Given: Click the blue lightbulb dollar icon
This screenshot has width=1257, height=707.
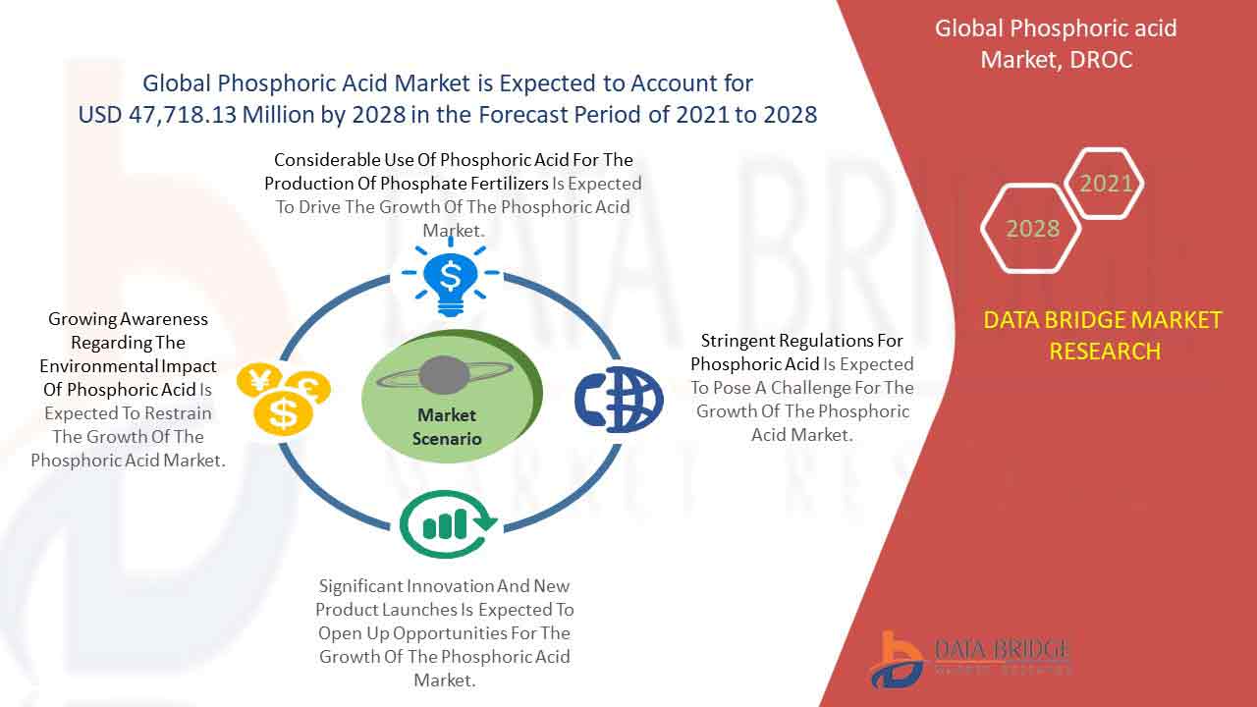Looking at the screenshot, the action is pos(450,277).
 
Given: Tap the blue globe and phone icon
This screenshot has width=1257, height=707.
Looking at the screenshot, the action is pos(619,400).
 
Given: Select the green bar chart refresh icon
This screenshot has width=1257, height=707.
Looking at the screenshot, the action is pos(448,524).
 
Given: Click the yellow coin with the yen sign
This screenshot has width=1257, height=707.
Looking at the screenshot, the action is pos(258,380).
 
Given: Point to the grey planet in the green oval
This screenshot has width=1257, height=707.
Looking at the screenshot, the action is pos(444,374).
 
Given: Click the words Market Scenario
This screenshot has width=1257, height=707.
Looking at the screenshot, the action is pos(447,426).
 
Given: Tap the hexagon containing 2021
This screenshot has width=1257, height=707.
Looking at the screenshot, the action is pos(1104,183).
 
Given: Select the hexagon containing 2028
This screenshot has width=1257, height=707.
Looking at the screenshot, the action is pos(1031,228).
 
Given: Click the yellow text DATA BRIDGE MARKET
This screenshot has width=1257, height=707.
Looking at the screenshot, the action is pos(1102,320).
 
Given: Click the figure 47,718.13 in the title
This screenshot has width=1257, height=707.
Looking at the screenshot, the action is pos(183,115).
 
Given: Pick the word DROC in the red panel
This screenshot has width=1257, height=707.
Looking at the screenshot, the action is pos(1101,60).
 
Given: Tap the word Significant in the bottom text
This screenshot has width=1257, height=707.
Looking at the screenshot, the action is pos(359,586).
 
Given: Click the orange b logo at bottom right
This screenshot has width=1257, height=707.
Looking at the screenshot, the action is pos(897,660).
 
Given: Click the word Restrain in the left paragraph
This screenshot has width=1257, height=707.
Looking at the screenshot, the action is pos(178,413).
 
